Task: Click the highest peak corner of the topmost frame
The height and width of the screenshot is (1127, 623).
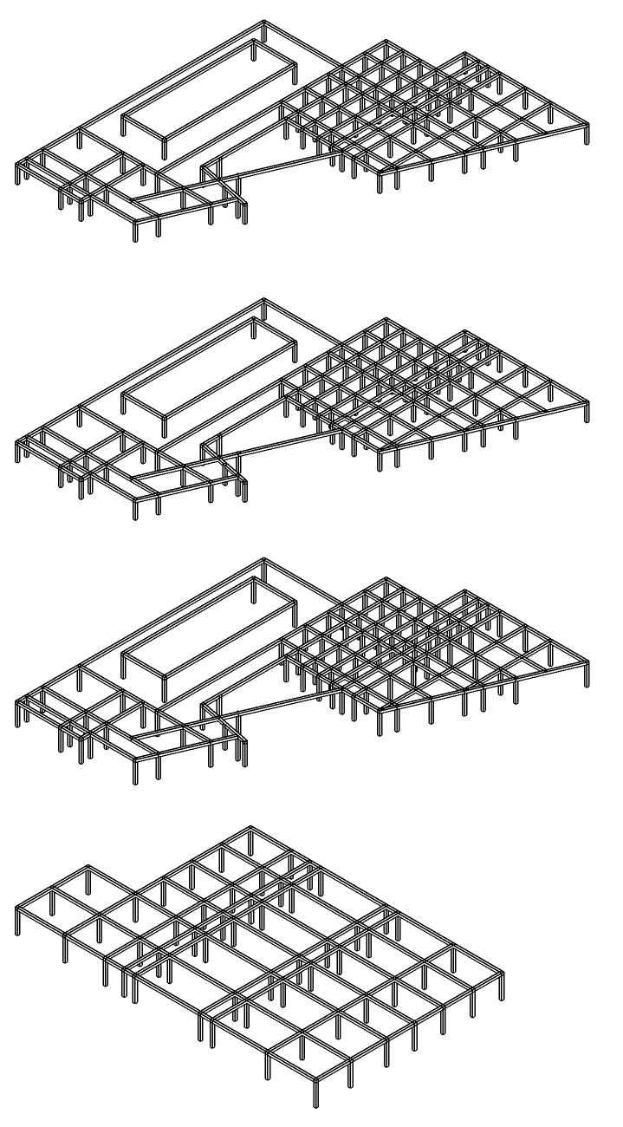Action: click(x=264, y=23)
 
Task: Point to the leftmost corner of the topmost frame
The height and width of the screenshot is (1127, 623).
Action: click(x=17, y=165)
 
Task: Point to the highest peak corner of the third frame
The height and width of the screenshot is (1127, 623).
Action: click(x=264, y=560)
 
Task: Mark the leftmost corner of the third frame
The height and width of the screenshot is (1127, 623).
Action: click(x=17, y=702)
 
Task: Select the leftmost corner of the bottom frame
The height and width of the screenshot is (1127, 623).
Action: click(x=17, y=906)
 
